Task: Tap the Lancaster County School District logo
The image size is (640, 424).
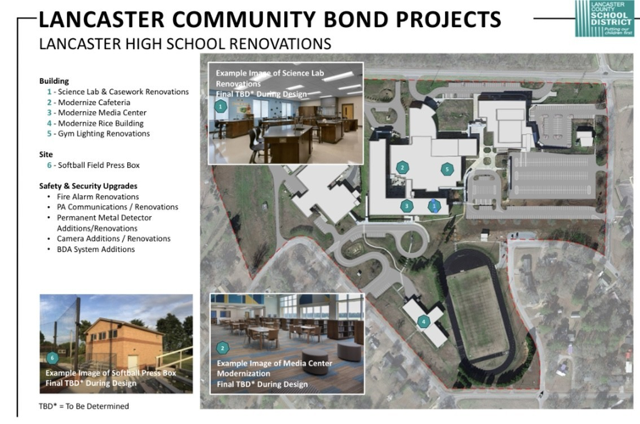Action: coord(603,17)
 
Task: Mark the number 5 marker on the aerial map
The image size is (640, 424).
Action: coord(446,169)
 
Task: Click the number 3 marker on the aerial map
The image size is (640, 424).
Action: coord(407,205)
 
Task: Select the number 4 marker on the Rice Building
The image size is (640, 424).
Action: coord(423,321)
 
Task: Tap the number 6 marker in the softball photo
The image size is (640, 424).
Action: coord(52,357)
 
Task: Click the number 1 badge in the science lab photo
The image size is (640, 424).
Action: coord(221,107)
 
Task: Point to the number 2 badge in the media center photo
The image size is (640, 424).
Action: coord(222,348)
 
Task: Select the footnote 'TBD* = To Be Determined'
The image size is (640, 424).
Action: coord(85,406)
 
